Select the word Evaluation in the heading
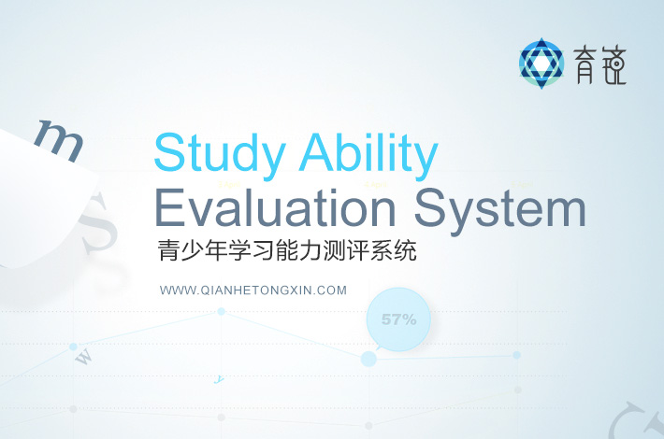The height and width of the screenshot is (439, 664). coord(276,207)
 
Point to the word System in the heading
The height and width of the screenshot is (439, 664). coord(499,210)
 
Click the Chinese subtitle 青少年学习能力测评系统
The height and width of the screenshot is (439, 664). coord(287,251)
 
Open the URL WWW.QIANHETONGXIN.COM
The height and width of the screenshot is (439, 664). coord(253,290)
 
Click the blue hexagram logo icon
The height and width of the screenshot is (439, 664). coord(541,64)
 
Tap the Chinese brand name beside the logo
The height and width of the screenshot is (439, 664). coord(599,64)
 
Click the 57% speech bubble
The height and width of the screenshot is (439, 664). coord(398,319)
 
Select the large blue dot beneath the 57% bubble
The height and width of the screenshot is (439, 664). coord(368,359)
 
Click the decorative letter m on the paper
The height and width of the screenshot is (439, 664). coord(59,140)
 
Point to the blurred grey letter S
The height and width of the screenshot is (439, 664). coord(97,223)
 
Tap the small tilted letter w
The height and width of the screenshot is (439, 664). coord(83,357)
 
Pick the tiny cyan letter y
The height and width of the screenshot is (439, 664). coord(219,379)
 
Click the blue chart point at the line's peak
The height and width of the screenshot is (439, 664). coord(221,312)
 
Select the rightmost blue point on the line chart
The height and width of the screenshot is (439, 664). coord(516,355)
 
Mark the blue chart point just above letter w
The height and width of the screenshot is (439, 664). coord(73,347)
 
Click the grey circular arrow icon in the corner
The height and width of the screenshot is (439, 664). coord(635,421)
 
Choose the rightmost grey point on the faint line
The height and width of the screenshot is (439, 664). coord(517,389)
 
